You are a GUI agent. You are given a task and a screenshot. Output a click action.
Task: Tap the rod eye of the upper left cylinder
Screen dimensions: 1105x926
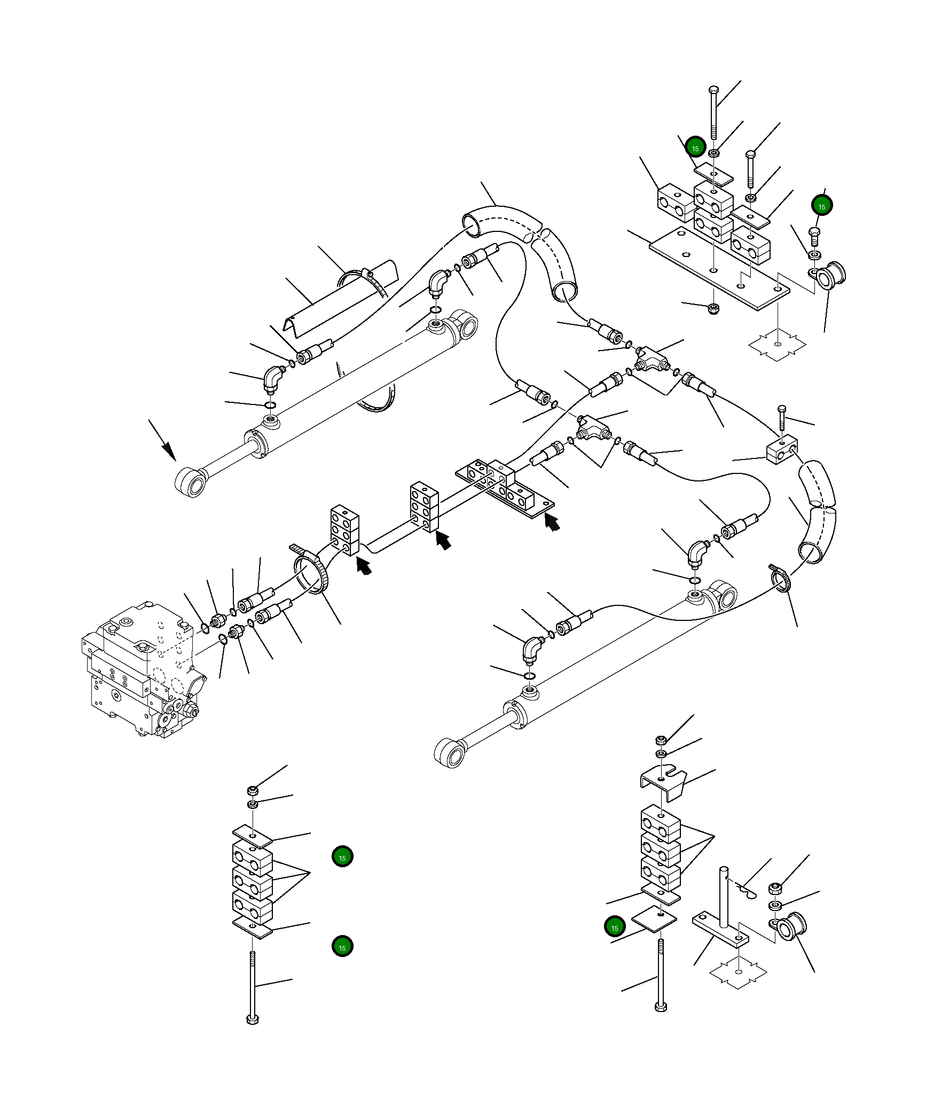(191, 482)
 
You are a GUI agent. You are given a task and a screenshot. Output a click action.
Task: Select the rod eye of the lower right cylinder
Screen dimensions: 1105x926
(450, 753)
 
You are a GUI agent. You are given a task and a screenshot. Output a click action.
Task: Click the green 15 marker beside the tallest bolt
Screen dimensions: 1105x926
(695, 148)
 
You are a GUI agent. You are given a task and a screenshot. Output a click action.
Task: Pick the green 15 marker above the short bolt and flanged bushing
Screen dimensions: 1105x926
(821, 206)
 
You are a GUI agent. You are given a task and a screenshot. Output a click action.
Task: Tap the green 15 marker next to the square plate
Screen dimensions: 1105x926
(615, 928)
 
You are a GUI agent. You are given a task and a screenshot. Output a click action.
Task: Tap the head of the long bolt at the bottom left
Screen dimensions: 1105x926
(253, 1018)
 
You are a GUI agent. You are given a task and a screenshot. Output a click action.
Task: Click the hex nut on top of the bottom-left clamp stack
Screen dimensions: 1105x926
(253, 790)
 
